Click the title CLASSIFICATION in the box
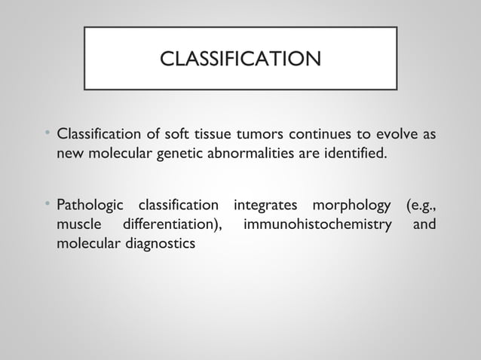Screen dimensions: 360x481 [240, 59]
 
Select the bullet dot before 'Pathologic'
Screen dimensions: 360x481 [47, 203]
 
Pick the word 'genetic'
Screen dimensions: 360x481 [178, 155]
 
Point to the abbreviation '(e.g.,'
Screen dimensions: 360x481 [420, 205]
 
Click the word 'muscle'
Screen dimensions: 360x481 [79, 224]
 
